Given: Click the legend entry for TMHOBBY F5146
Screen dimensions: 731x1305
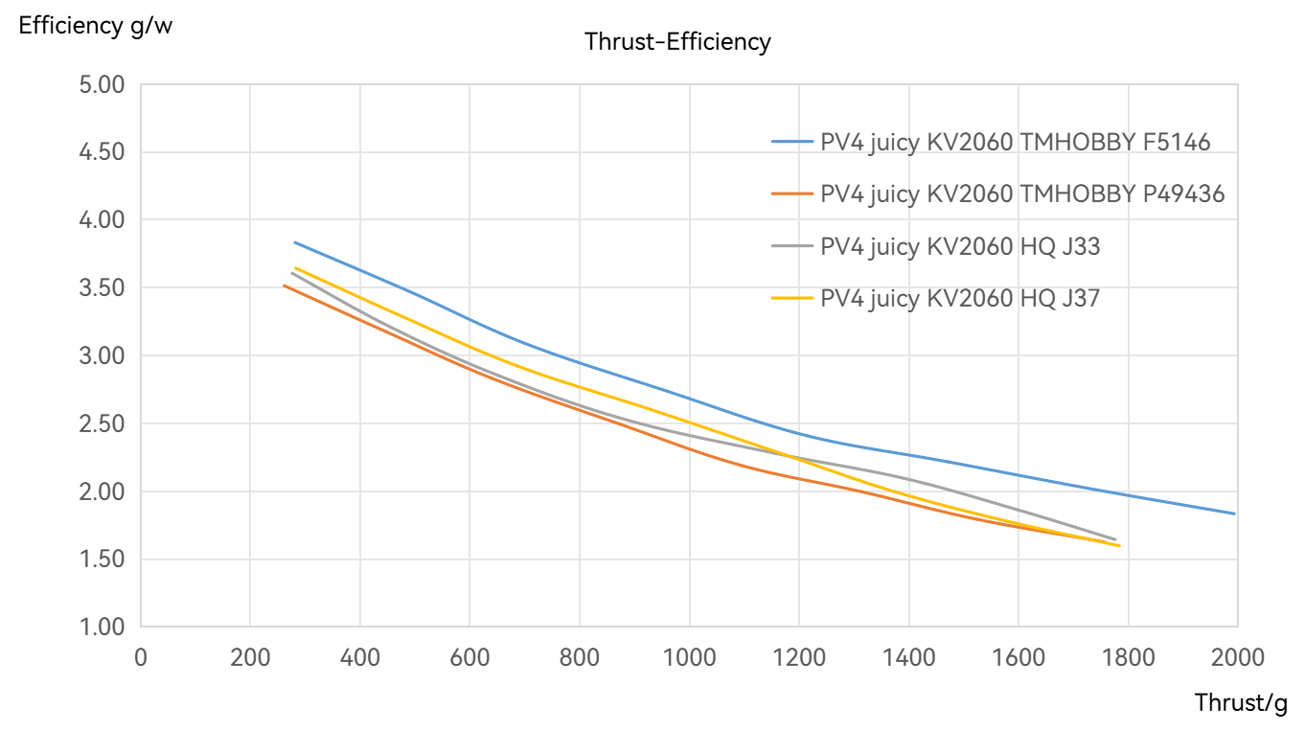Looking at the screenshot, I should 1015,143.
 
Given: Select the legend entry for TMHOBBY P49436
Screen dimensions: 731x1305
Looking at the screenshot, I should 1022,194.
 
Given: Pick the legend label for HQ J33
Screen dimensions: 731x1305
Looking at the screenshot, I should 960,246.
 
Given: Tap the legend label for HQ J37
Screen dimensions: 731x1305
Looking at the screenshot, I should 960,298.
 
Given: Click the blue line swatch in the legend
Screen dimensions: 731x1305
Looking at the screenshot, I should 791,143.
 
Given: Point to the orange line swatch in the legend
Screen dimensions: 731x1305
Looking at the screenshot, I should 791,194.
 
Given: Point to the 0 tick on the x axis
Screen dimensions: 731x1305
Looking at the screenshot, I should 141,657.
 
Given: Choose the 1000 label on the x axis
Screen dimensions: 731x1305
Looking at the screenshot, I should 689,657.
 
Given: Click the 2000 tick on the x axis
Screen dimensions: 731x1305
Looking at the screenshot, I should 1237,657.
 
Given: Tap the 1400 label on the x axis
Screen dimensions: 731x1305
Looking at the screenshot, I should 908,657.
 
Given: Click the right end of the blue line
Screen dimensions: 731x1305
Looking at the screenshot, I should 1236,514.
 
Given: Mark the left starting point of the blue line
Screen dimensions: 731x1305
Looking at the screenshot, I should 294,241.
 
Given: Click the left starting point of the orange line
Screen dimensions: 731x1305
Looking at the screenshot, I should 284,285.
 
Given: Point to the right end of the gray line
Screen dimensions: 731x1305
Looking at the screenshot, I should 1115,539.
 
